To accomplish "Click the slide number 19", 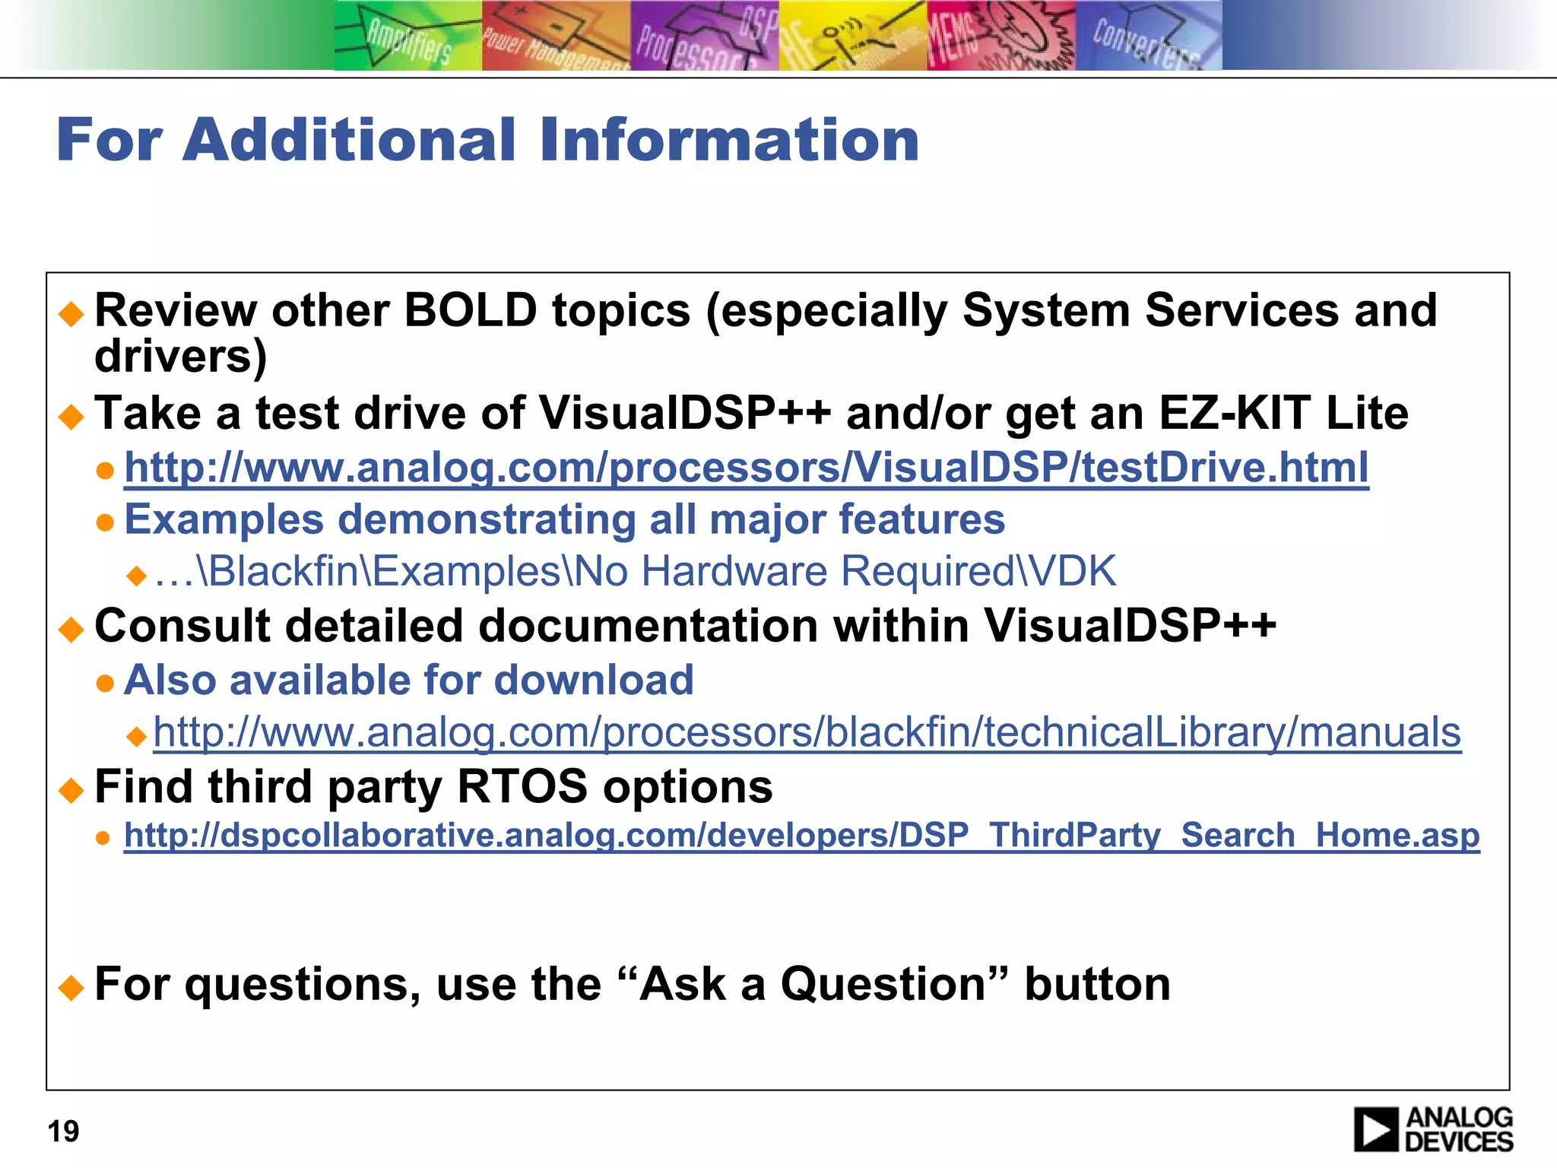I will (63, 1131).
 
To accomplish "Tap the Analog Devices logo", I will (1433, 1129).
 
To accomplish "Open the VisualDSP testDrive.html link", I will (746, 467).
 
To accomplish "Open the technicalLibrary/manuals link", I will (807, 732).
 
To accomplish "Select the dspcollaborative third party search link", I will (801, 835).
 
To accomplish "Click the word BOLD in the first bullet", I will (471, 310).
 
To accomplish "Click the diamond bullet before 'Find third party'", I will (71, 790).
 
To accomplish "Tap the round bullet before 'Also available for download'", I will (105, 682).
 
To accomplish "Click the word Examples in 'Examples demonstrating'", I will (224, 519).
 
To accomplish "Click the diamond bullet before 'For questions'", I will (71, 987).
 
